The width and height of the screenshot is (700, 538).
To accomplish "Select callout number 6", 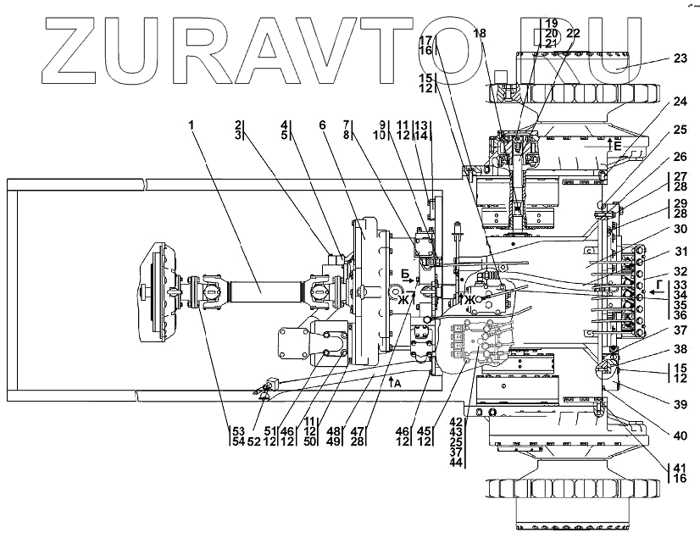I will pyautogui.click(x=322, y=125).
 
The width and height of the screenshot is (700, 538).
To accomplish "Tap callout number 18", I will pyautogui.click(x=481, y=33).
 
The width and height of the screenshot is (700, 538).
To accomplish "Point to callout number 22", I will pyautogui.click(x=573, y=33).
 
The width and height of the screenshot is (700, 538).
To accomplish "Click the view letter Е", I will pyautogui.click(x=617, y=146).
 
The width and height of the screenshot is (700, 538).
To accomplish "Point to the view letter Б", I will pyautogui.click(x=406, y=273).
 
